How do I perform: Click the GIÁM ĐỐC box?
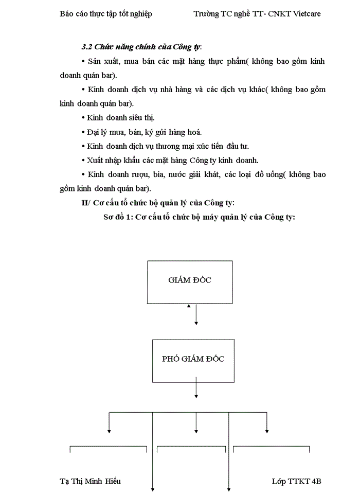[190, 280]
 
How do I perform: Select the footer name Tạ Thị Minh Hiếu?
[91, 481]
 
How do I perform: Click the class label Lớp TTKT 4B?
[296, 481]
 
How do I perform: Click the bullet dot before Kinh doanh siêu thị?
[84, 117]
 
